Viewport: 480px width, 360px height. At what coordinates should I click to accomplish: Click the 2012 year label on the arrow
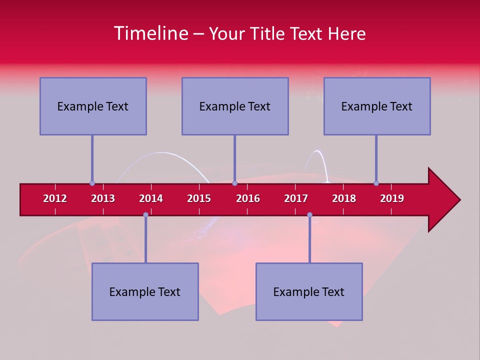tap(55, 198)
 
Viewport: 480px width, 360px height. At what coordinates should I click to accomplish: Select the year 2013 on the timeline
tap(103, 198)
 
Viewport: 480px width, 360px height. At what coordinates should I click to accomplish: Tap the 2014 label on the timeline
tap(151, 198)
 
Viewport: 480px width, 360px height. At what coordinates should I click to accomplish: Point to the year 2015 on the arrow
tap(199, 198)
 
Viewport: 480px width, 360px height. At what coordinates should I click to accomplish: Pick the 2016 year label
tap(248, 198)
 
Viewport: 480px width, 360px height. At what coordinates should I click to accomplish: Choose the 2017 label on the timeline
tap(296, 198)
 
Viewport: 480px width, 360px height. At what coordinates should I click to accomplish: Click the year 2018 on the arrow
tap(344, 198)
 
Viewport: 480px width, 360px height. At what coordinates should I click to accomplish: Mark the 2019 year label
tap(392, 198)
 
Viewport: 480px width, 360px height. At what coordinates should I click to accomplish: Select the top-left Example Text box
tap(93, 106)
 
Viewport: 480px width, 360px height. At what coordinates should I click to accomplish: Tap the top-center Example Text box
tap(235, 106)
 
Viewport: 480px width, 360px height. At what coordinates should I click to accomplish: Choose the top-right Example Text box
tap(377, 106)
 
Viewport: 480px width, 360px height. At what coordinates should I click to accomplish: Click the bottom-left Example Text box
tap(145, 291)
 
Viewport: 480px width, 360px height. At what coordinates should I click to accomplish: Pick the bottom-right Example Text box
tap(309, 291)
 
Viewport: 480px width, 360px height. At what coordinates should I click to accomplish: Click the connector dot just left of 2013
tap(92, 183)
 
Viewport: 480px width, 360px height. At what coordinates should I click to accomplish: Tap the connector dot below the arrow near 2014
tap(145, 214)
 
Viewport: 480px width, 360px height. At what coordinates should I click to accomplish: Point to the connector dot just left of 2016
tap(234, 183)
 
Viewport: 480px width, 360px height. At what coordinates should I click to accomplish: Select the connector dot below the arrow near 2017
tap(309, 214)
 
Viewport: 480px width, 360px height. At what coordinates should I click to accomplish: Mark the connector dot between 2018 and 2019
tap(376, 183)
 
